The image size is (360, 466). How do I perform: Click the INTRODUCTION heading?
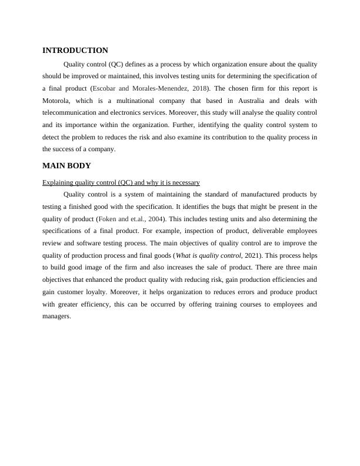pos(75,51)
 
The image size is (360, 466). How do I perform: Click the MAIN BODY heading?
pos(66,166)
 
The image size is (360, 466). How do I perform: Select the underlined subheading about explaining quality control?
pos(121,182)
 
